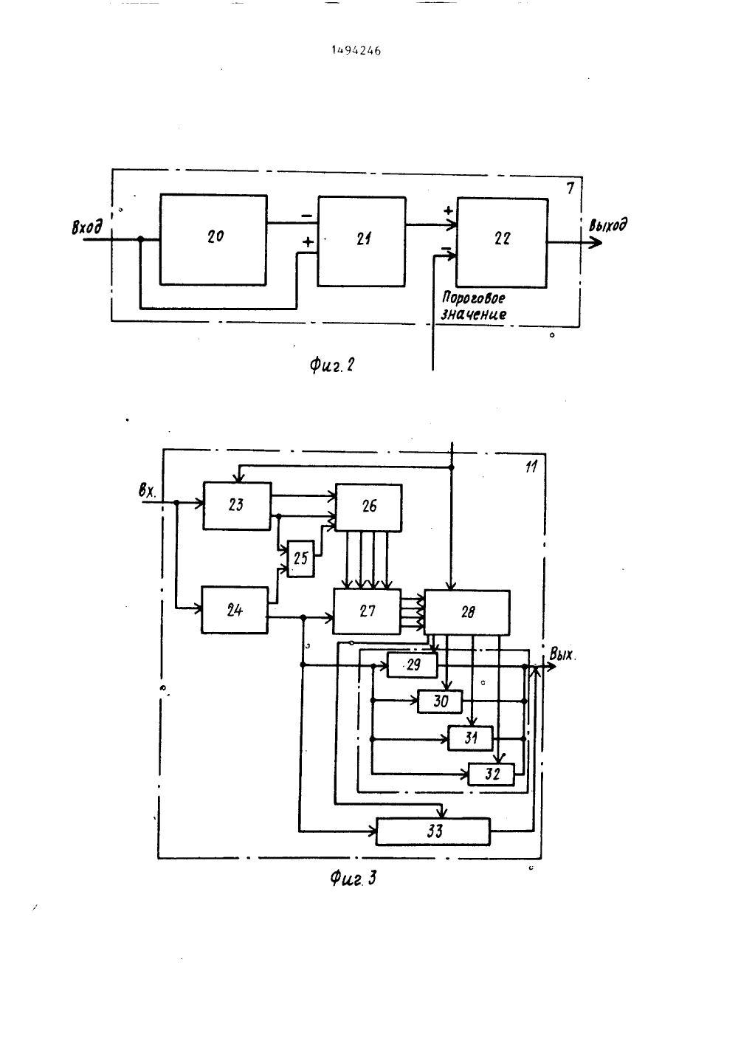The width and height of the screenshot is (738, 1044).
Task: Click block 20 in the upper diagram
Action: click(213, 239)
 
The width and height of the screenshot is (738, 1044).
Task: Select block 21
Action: click(362, 241)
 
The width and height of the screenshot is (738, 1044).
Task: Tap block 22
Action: click(502, 243)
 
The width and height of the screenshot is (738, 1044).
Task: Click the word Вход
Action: click(86, 227)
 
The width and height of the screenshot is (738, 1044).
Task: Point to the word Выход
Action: click(607, 226)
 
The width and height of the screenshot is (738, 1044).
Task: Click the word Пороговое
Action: click(473, 298)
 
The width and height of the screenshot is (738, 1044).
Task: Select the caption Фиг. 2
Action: click(331, 365)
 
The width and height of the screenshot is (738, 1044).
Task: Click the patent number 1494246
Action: click(356, 51)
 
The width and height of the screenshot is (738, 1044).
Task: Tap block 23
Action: click(237, 506)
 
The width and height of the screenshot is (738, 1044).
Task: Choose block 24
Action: click(235, 610)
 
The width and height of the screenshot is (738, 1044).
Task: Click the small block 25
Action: click(300, 558)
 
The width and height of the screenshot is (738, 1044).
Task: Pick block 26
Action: click(369, 507)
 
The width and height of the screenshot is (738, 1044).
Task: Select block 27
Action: click(367, 611)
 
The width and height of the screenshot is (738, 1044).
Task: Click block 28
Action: click(467, 612)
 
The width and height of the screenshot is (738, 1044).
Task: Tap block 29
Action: click(413, 665)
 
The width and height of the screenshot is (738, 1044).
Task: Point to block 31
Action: click(471, 738)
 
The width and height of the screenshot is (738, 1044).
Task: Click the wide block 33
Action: click(432, 831)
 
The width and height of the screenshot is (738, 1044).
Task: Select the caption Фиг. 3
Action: click(353, 879)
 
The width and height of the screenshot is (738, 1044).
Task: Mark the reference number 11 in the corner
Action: click(531, 467)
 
